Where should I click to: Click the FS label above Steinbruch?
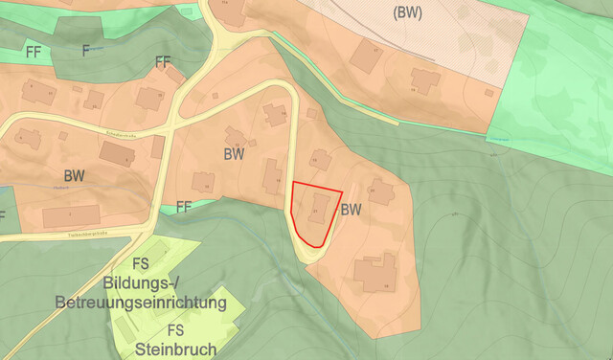(x=175, y=330)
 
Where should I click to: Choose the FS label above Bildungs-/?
(x=141, y=264)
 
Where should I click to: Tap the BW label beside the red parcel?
(x=352, y=209)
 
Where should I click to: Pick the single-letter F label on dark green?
(x=85, y=50)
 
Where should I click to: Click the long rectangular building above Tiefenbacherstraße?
(x=71, y=215)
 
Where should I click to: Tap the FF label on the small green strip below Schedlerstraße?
(x=185, y=206)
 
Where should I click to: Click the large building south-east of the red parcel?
(x=375, y=272)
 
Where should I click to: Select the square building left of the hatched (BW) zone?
(x=366, y=56)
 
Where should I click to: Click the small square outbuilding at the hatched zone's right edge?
(x=489, y=93)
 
